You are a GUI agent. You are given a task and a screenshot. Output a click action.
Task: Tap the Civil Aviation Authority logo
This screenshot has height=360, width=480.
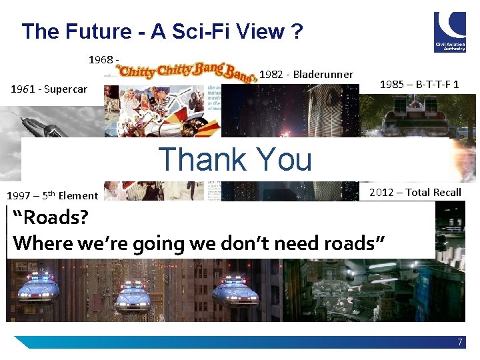450,31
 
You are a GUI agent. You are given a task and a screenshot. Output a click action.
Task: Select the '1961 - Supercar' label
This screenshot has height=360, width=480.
49,89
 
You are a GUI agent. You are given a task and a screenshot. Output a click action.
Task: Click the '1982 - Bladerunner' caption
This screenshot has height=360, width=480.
306,74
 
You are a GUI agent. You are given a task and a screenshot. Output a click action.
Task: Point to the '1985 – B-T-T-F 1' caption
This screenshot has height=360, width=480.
419,85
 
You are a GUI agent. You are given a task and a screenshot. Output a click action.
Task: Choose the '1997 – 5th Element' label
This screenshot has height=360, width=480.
52,195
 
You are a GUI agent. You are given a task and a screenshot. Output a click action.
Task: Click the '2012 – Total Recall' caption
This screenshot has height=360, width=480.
415,192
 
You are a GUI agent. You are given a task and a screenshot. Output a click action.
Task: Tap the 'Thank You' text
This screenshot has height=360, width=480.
235,159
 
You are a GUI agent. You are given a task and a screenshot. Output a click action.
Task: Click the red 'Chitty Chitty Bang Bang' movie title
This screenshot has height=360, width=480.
187,70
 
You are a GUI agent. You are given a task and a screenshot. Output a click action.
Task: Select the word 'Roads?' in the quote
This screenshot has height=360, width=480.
51,217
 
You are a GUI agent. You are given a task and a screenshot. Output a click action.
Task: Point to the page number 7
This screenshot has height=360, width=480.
460,342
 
